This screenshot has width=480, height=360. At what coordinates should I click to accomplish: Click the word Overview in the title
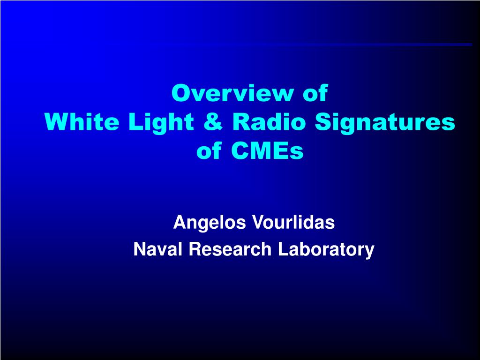232,93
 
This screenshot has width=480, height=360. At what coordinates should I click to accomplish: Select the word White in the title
82,121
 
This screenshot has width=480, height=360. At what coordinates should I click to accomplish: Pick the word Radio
269,121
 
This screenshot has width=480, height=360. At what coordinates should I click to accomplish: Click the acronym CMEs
267,150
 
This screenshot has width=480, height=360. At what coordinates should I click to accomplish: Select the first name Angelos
210,223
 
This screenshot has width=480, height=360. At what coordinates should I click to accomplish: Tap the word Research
230,249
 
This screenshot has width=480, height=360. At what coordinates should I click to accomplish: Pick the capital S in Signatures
324,121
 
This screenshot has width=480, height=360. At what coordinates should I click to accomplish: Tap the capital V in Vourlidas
258,222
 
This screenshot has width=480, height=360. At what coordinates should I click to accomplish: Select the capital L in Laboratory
283,249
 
